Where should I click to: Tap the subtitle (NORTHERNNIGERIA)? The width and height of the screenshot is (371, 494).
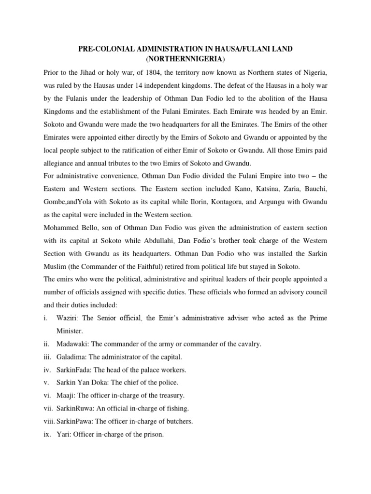[185, 59]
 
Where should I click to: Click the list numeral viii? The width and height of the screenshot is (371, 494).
[48, 421]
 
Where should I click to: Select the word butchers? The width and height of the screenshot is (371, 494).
[179, 421]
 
